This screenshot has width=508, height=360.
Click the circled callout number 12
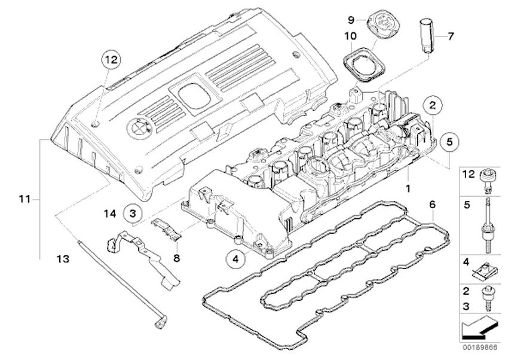click(111, 60)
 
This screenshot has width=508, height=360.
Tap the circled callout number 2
click(433, 105)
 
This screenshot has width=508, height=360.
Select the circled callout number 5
click(449, 142)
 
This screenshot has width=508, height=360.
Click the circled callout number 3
click(133, 214)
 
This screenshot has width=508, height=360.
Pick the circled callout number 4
click(235, 259)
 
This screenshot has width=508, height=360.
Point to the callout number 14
click(110, 214)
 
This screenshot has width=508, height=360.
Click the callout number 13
click(63, 259)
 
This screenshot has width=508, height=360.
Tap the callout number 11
click(25, 199)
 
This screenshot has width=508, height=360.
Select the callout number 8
click(176, 258)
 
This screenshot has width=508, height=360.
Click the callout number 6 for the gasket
click(433, 205)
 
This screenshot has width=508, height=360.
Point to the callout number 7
click(451, 36)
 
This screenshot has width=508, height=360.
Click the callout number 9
click(351, 20)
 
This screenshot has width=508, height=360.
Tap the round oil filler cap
click(384, 22)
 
